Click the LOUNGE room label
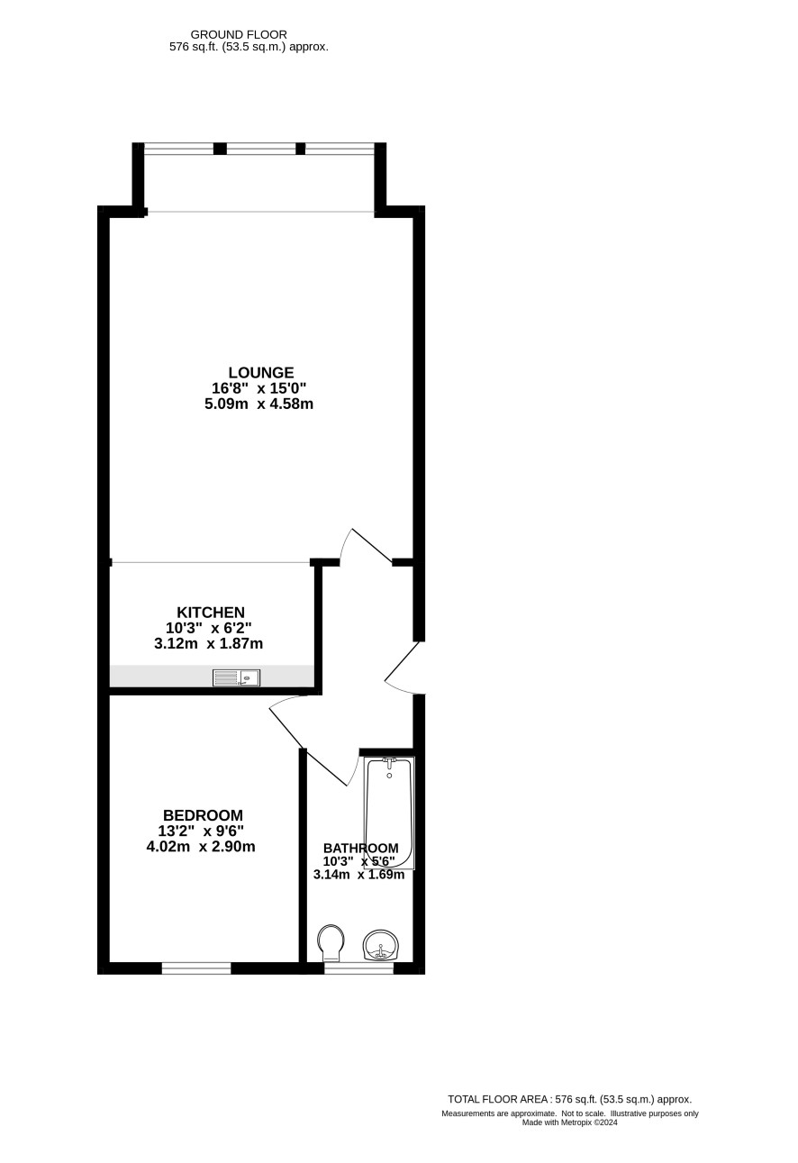(x=260, y=373)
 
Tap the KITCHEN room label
(x=210, y=613)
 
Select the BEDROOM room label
(x=203, y=815)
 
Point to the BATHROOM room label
(x=360, y=848)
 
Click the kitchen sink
(x=236, y=678)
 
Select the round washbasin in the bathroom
(x=381, y=946)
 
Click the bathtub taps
(x=390, y=761)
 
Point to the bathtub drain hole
(x=390, y=777)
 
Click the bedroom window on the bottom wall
(x=196, y=968)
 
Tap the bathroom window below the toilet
(x=358, y=968)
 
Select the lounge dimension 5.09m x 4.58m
(x=258, y=404)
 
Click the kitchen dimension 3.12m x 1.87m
(x=208, y=644)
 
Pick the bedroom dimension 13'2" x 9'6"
(x=201, y=831)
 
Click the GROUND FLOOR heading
(x=239, y=35)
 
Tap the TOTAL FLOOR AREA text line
(x=569, y=1099)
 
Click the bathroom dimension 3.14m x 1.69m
(x=358, y=875)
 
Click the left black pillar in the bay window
(x=220, y=149)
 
